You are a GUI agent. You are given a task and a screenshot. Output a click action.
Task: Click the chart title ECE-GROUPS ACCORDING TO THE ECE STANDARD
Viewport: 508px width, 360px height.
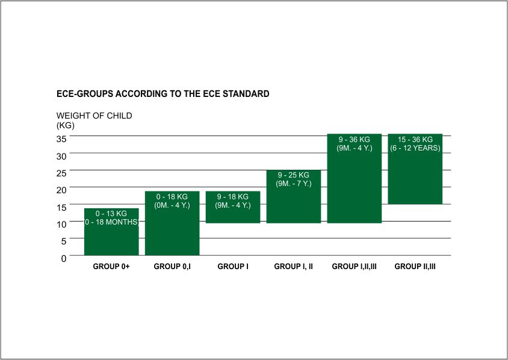pos(163,94)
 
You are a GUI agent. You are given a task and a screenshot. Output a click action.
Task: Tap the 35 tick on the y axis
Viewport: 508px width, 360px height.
pos(61,139)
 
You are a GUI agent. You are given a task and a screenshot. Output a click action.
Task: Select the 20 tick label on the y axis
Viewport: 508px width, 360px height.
pos(61,190)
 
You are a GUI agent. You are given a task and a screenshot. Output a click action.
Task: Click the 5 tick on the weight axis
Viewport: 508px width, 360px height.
pos(64,241)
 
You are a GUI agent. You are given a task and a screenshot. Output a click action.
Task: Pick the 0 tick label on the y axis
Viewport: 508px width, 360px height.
pos(64,258)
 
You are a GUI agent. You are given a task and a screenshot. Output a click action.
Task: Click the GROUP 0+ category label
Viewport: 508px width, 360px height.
pos(111,266)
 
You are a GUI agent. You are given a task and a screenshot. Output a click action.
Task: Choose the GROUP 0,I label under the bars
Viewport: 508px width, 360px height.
pos(172,266)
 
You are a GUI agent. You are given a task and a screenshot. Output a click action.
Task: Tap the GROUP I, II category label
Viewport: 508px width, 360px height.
pos(294,266)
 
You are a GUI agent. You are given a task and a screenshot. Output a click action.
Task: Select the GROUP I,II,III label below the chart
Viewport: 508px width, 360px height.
pos(354,266)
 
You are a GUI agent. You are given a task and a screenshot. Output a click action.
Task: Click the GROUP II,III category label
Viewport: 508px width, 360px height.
pos(415,266)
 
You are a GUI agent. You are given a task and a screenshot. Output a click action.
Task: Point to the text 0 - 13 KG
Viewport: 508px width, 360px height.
pos(111,214)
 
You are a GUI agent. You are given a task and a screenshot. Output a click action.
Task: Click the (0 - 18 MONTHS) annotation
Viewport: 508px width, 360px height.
pos(111,222)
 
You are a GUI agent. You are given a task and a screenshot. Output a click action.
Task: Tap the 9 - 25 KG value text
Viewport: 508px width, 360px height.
pos(294,175)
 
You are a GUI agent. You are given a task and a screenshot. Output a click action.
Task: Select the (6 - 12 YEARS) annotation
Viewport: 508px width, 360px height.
pos(415,148)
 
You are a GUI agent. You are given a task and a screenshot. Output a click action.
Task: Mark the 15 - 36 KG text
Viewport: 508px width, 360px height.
pos(415,139)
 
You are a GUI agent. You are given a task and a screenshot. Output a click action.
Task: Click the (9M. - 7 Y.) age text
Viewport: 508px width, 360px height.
pos(294,184)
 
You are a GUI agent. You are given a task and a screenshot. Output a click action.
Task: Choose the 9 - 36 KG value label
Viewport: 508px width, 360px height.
pos(354,139)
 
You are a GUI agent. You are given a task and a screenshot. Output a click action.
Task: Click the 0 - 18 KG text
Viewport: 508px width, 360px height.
pos(172,197)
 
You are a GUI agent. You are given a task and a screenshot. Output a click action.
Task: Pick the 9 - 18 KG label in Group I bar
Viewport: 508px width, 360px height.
pos(232,197)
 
